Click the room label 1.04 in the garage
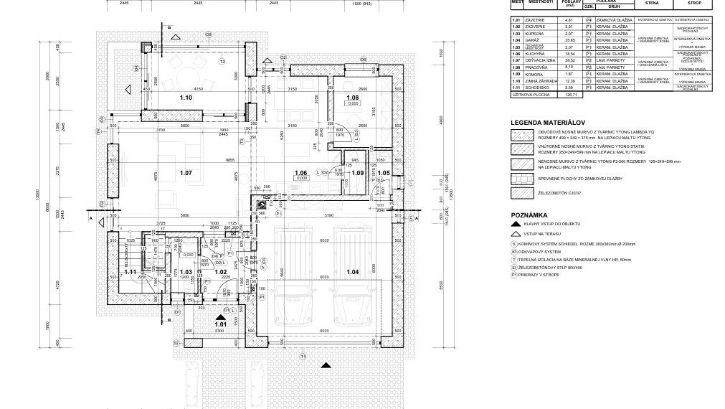click(352, 272)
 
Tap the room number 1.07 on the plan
click(186, 173)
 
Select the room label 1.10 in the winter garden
click(186, 98)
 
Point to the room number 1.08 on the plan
click(352, 98)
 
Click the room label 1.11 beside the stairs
click(130, 272)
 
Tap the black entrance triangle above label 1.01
click(220, 315)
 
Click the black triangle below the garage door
click(326, 365)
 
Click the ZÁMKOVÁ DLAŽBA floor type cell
click(614, 20)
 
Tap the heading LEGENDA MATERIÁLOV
click(549, 123)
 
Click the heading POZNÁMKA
click(529, 215)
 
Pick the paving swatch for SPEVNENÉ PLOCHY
click(521, 178)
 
